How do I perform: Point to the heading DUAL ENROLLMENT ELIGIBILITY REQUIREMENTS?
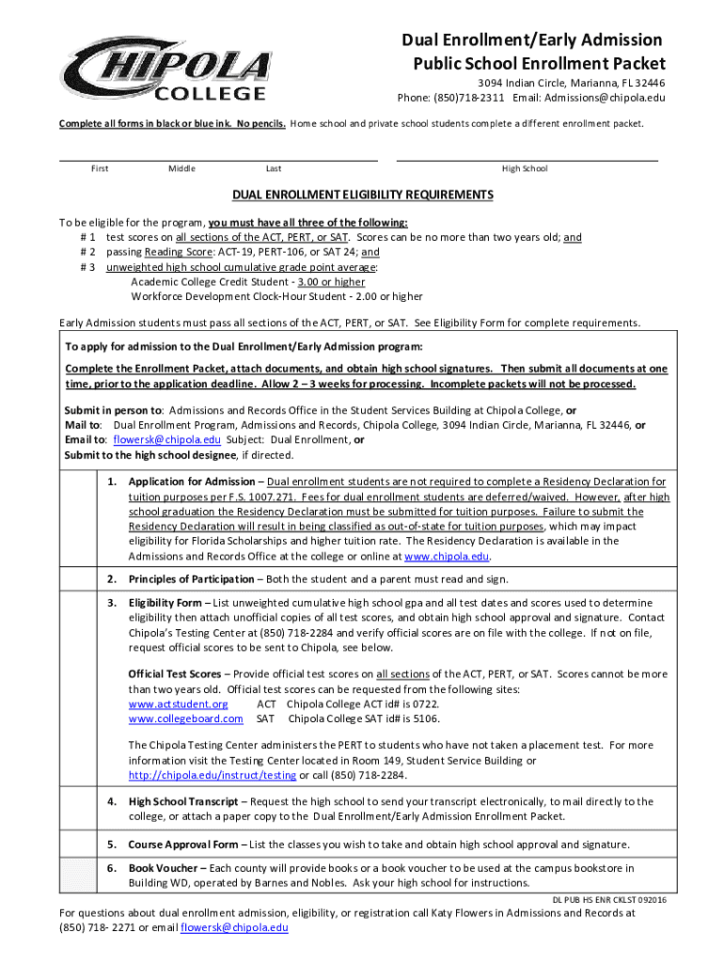[x=363, y=195]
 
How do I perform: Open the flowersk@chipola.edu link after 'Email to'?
[x=166, y=439]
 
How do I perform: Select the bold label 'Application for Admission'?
[x=191, y=482]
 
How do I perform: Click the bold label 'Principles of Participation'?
[x=191, y=579]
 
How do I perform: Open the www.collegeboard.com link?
[x=185, y=718]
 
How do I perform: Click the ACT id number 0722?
[x=425, y=704]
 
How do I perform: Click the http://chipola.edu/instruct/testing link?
[x=212, y=775]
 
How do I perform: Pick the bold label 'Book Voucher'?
[x=164, y=868]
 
